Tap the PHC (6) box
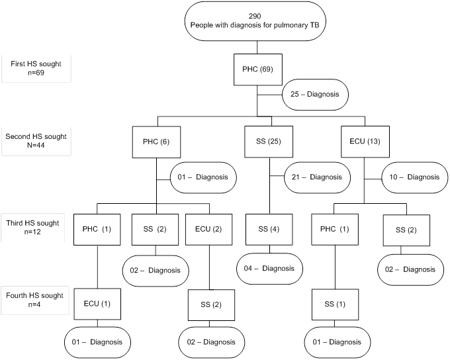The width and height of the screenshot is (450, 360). coord(157,142)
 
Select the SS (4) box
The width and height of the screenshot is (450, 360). coord(269,229)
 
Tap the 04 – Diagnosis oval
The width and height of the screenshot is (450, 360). coord(269,268)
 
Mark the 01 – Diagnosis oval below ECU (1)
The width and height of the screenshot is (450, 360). coord(97,342)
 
